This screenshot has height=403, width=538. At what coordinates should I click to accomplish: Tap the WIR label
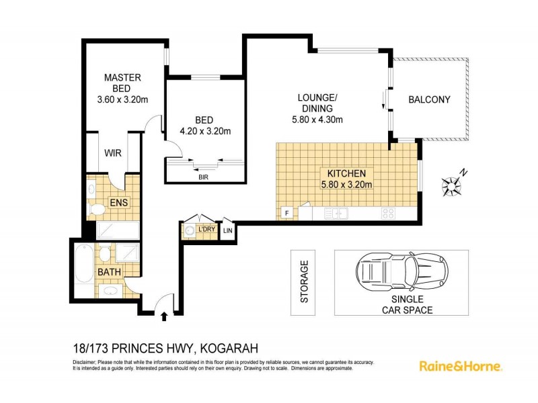click(112, 152)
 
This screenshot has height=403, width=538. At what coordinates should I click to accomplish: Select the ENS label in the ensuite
click(120, 201)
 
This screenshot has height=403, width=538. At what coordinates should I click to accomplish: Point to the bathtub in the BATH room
click(83, 265)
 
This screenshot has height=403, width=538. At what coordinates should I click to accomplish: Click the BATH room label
click(109, 272)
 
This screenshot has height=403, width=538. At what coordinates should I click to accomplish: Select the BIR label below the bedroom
click(203, 177)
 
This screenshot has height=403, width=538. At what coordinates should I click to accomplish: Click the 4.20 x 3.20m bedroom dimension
click(204, 131)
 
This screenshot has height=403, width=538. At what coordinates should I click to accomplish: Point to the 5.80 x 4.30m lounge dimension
click(317, 120)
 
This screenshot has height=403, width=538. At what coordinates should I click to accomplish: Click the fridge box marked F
click(286, 214)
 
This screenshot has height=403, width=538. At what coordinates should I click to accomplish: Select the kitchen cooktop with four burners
click(388, 214)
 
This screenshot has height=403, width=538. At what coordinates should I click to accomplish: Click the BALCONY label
click(429, 101)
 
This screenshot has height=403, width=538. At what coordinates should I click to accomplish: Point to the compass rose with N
click(451, 183)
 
